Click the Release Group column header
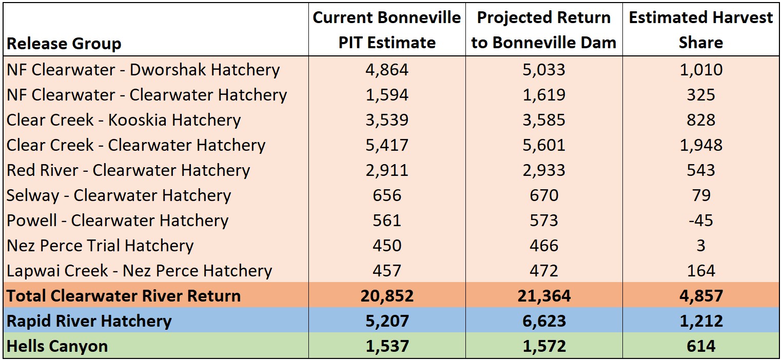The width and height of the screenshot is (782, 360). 64,44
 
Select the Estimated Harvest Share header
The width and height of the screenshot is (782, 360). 700,30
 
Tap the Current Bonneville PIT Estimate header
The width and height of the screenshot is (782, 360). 387,30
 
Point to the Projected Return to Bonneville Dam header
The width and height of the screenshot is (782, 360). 543,30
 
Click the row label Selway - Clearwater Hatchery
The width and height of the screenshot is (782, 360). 119,195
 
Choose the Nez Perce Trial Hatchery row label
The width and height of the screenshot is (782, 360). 100,246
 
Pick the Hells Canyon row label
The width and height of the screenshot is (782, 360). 57,346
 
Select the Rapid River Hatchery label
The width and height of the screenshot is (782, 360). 89,321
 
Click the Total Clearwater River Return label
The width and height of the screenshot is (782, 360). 124,296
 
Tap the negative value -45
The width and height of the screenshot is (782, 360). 700,221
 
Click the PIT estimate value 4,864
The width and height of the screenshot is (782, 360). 387,70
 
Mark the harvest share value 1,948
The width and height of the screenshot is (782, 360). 700,145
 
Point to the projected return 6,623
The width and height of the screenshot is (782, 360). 543,321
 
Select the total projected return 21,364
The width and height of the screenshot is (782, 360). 543,296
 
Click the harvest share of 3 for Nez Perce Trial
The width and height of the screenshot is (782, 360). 700,246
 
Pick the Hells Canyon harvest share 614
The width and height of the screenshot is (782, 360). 700,346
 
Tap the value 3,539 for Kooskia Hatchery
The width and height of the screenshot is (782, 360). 387,120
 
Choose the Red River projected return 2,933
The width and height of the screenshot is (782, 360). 543,170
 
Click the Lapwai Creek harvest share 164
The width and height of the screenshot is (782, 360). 700,271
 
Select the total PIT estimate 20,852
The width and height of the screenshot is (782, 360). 387,296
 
